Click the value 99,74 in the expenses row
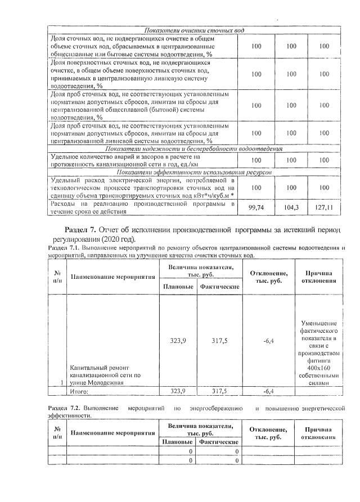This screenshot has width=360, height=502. pyautogui.click(x=256, y=207)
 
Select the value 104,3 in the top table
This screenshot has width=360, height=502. pyautogui.click(x=291, y=207)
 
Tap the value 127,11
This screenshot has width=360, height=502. pyautogui.click(x=324, y=207)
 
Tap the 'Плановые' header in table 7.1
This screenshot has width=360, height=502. pyautogui.click(x=178, y=287)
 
